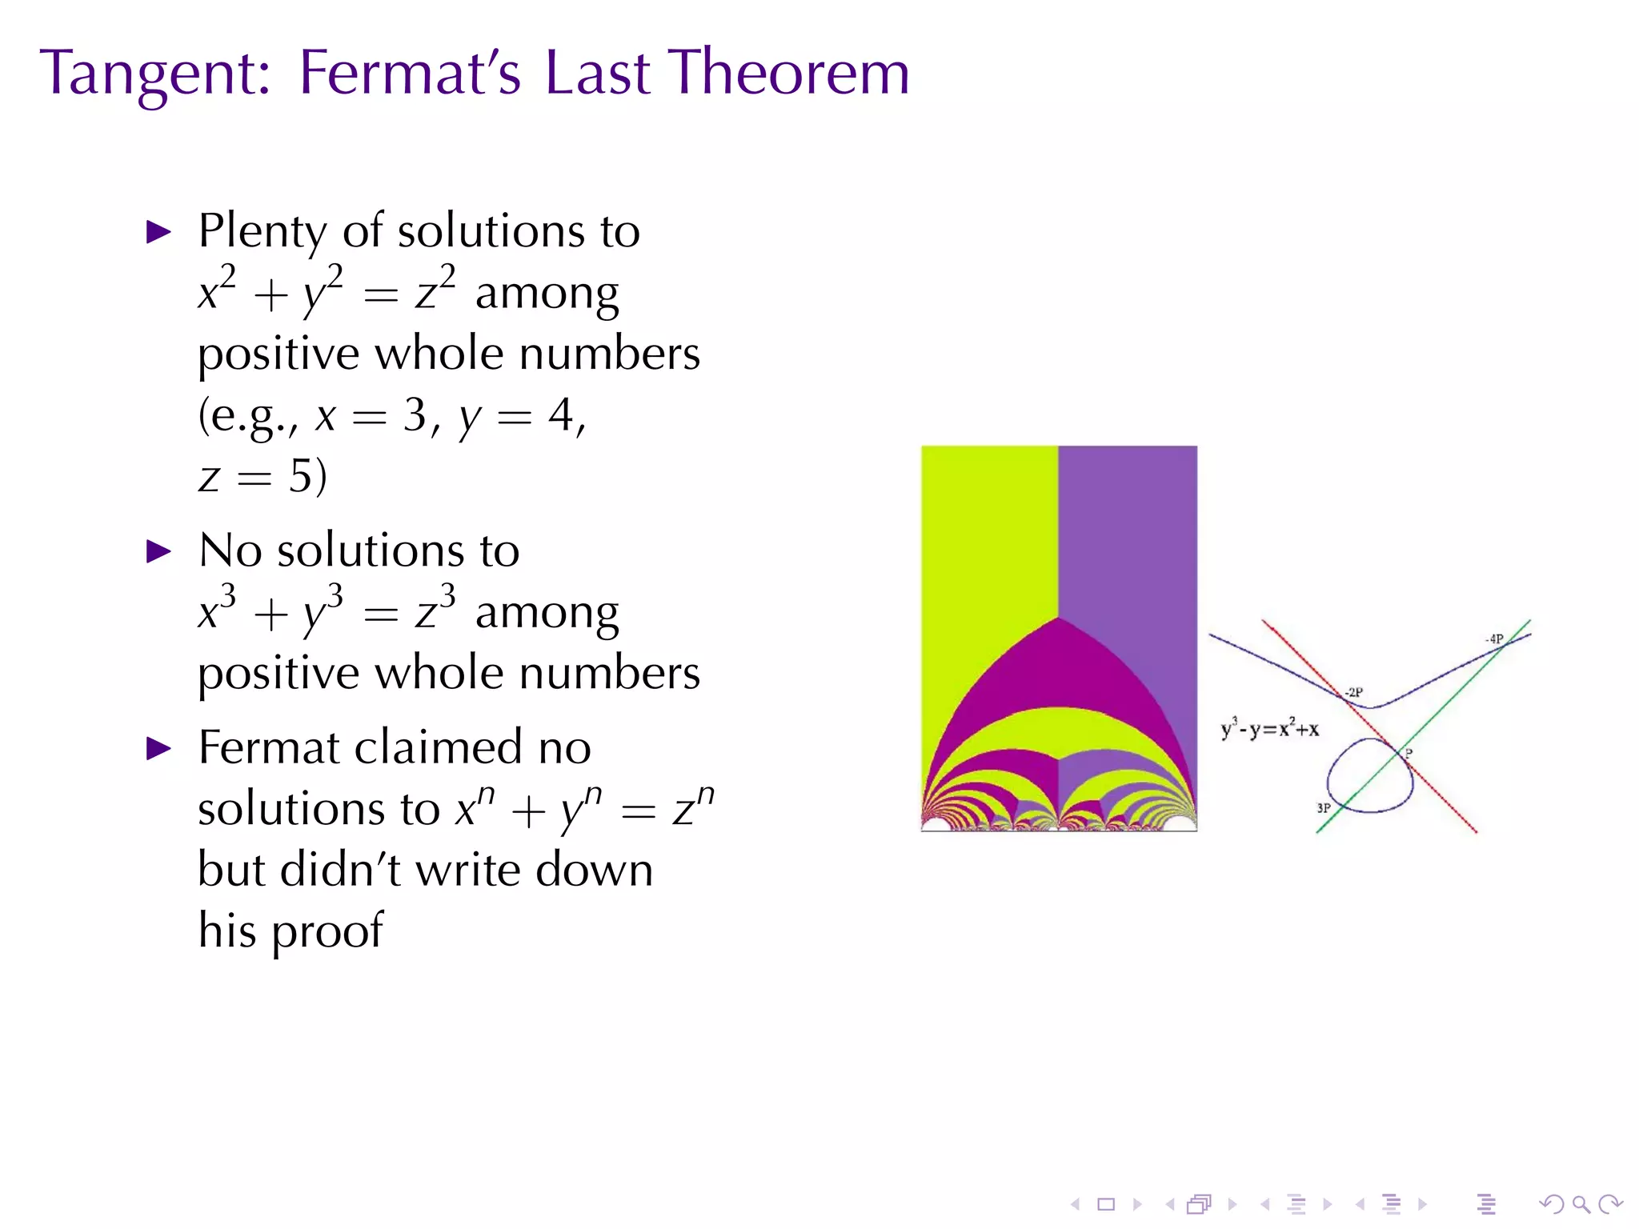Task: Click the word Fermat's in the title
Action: click(x=409, y=74)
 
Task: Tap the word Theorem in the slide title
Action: click(x=791, y=74)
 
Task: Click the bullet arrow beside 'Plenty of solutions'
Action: click(x=159, y=233)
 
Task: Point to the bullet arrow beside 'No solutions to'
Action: click(x=159, y=551)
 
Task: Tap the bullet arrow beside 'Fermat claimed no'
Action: click(x=159, y=749)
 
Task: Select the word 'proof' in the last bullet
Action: click(x=327, y=932)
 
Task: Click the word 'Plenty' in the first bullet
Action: click(x=263, y=233)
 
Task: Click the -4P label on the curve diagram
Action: click(x=1494, y=639)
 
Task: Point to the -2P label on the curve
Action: click(x=1353, y=692)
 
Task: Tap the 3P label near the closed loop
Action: click(x=1324, y=808)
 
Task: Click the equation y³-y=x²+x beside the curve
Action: click(x=1269, y=729)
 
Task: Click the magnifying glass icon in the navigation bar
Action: click(x=1581, y=1204)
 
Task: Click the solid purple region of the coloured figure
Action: click(x=1128, y=528)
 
